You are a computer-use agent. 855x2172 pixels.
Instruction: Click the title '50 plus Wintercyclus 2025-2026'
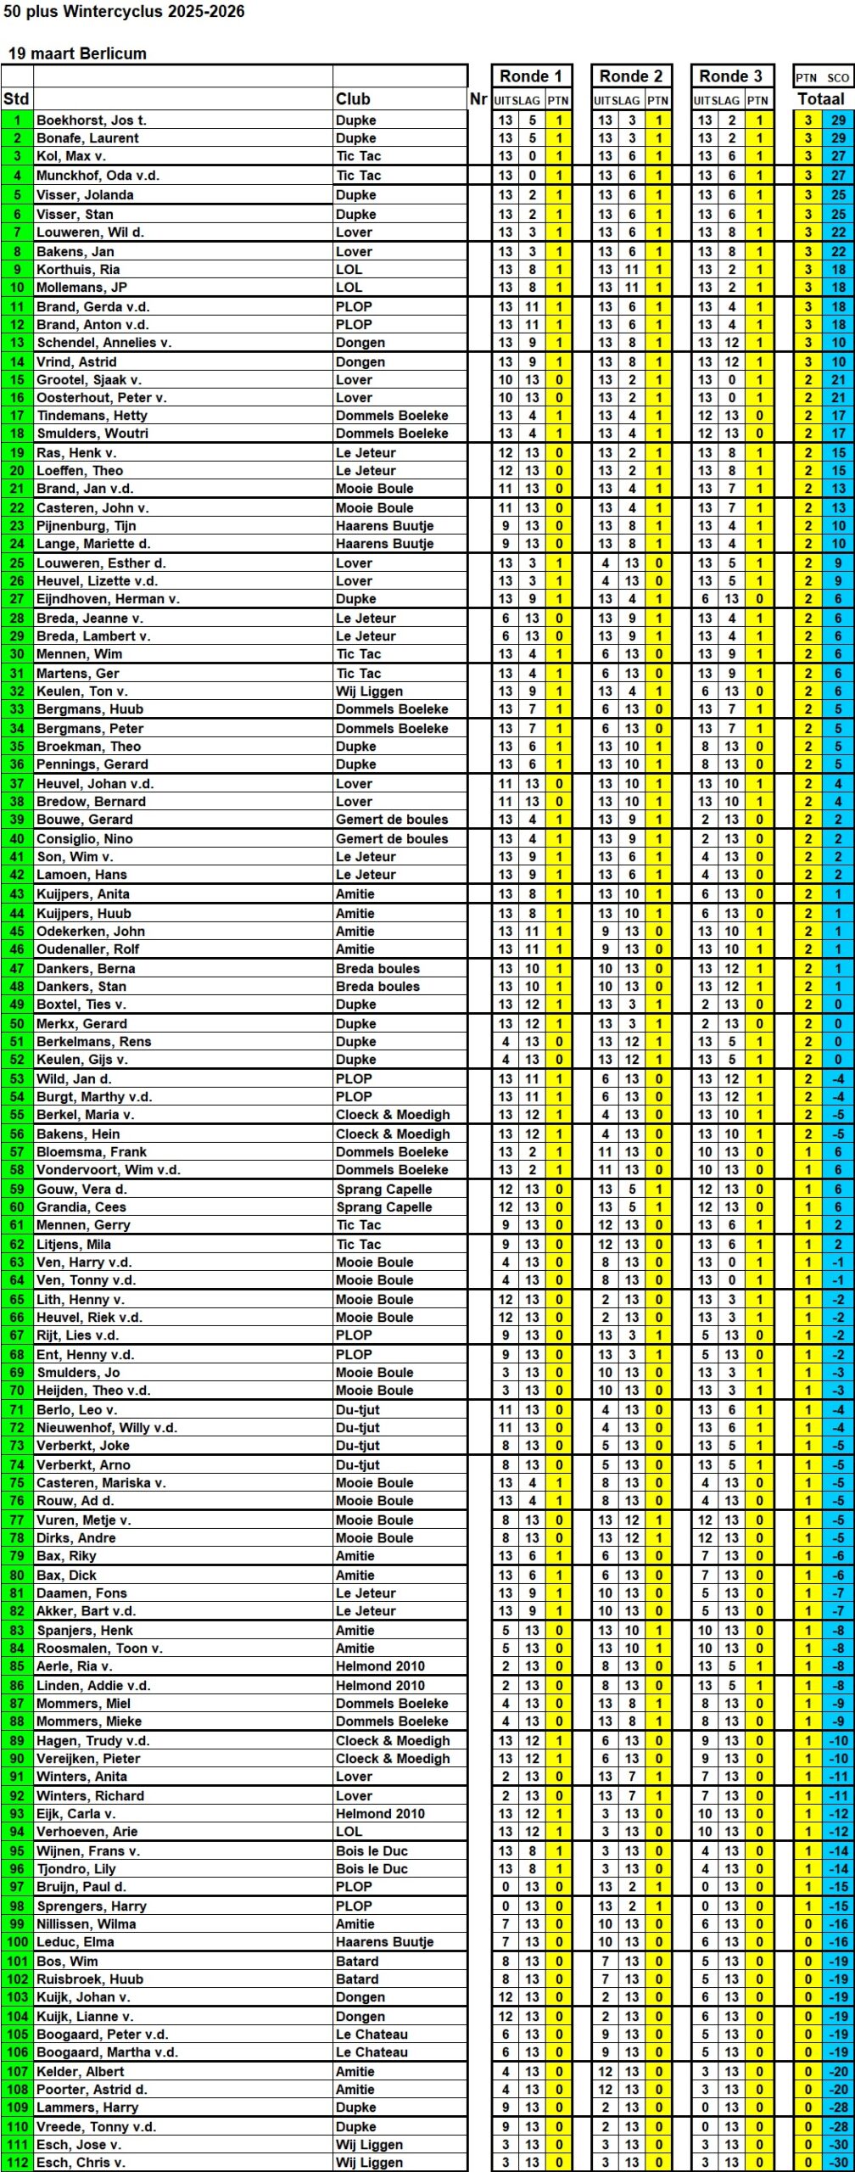(124, 12)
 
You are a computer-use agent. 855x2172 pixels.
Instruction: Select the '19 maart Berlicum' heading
(77, 53)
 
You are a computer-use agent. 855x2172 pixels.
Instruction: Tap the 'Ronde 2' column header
(630, 76)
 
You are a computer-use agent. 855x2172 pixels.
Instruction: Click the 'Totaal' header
(821, 99)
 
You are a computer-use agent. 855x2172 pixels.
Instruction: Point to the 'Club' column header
(353, 99)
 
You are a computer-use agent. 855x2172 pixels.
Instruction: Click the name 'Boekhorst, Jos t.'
(91, 120)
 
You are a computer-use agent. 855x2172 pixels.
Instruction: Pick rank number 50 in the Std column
(17, 1024)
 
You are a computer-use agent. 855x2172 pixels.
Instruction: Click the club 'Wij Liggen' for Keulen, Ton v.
(369, 691)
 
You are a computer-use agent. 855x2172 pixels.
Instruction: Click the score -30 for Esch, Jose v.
(838, 2145)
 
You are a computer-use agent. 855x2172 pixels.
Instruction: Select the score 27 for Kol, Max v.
(838, 156)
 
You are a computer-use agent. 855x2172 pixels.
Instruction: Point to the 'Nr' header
(478, 99)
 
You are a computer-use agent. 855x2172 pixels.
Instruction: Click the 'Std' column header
(16, 99)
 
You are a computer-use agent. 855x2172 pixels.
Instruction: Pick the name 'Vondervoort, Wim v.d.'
(108, 1170)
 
